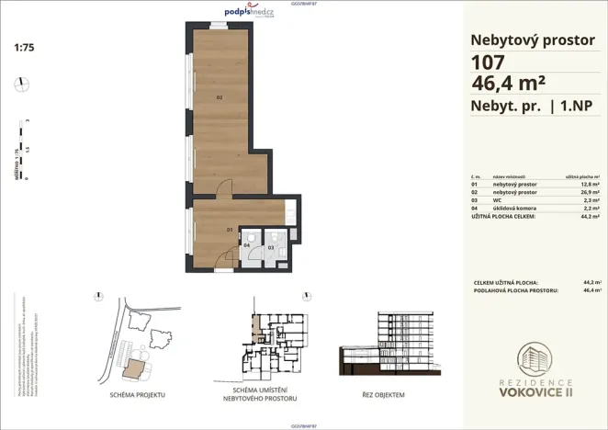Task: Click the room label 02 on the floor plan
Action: pos(220,96)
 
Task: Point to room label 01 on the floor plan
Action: pos(231,230)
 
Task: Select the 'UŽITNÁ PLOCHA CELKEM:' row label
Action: pos(501,217)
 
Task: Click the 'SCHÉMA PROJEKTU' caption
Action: pos(137,393)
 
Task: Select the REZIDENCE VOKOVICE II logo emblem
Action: pos(535,362)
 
